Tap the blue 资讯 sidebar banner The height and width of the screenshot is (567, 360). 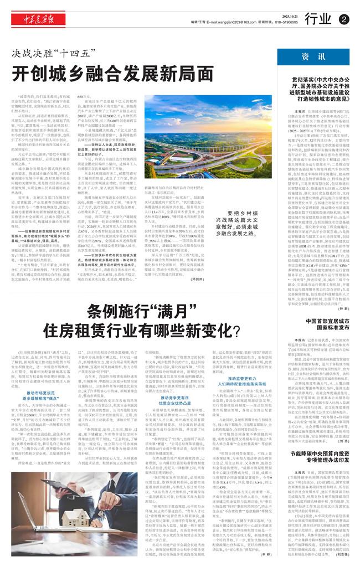click(x=313, y=57)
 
